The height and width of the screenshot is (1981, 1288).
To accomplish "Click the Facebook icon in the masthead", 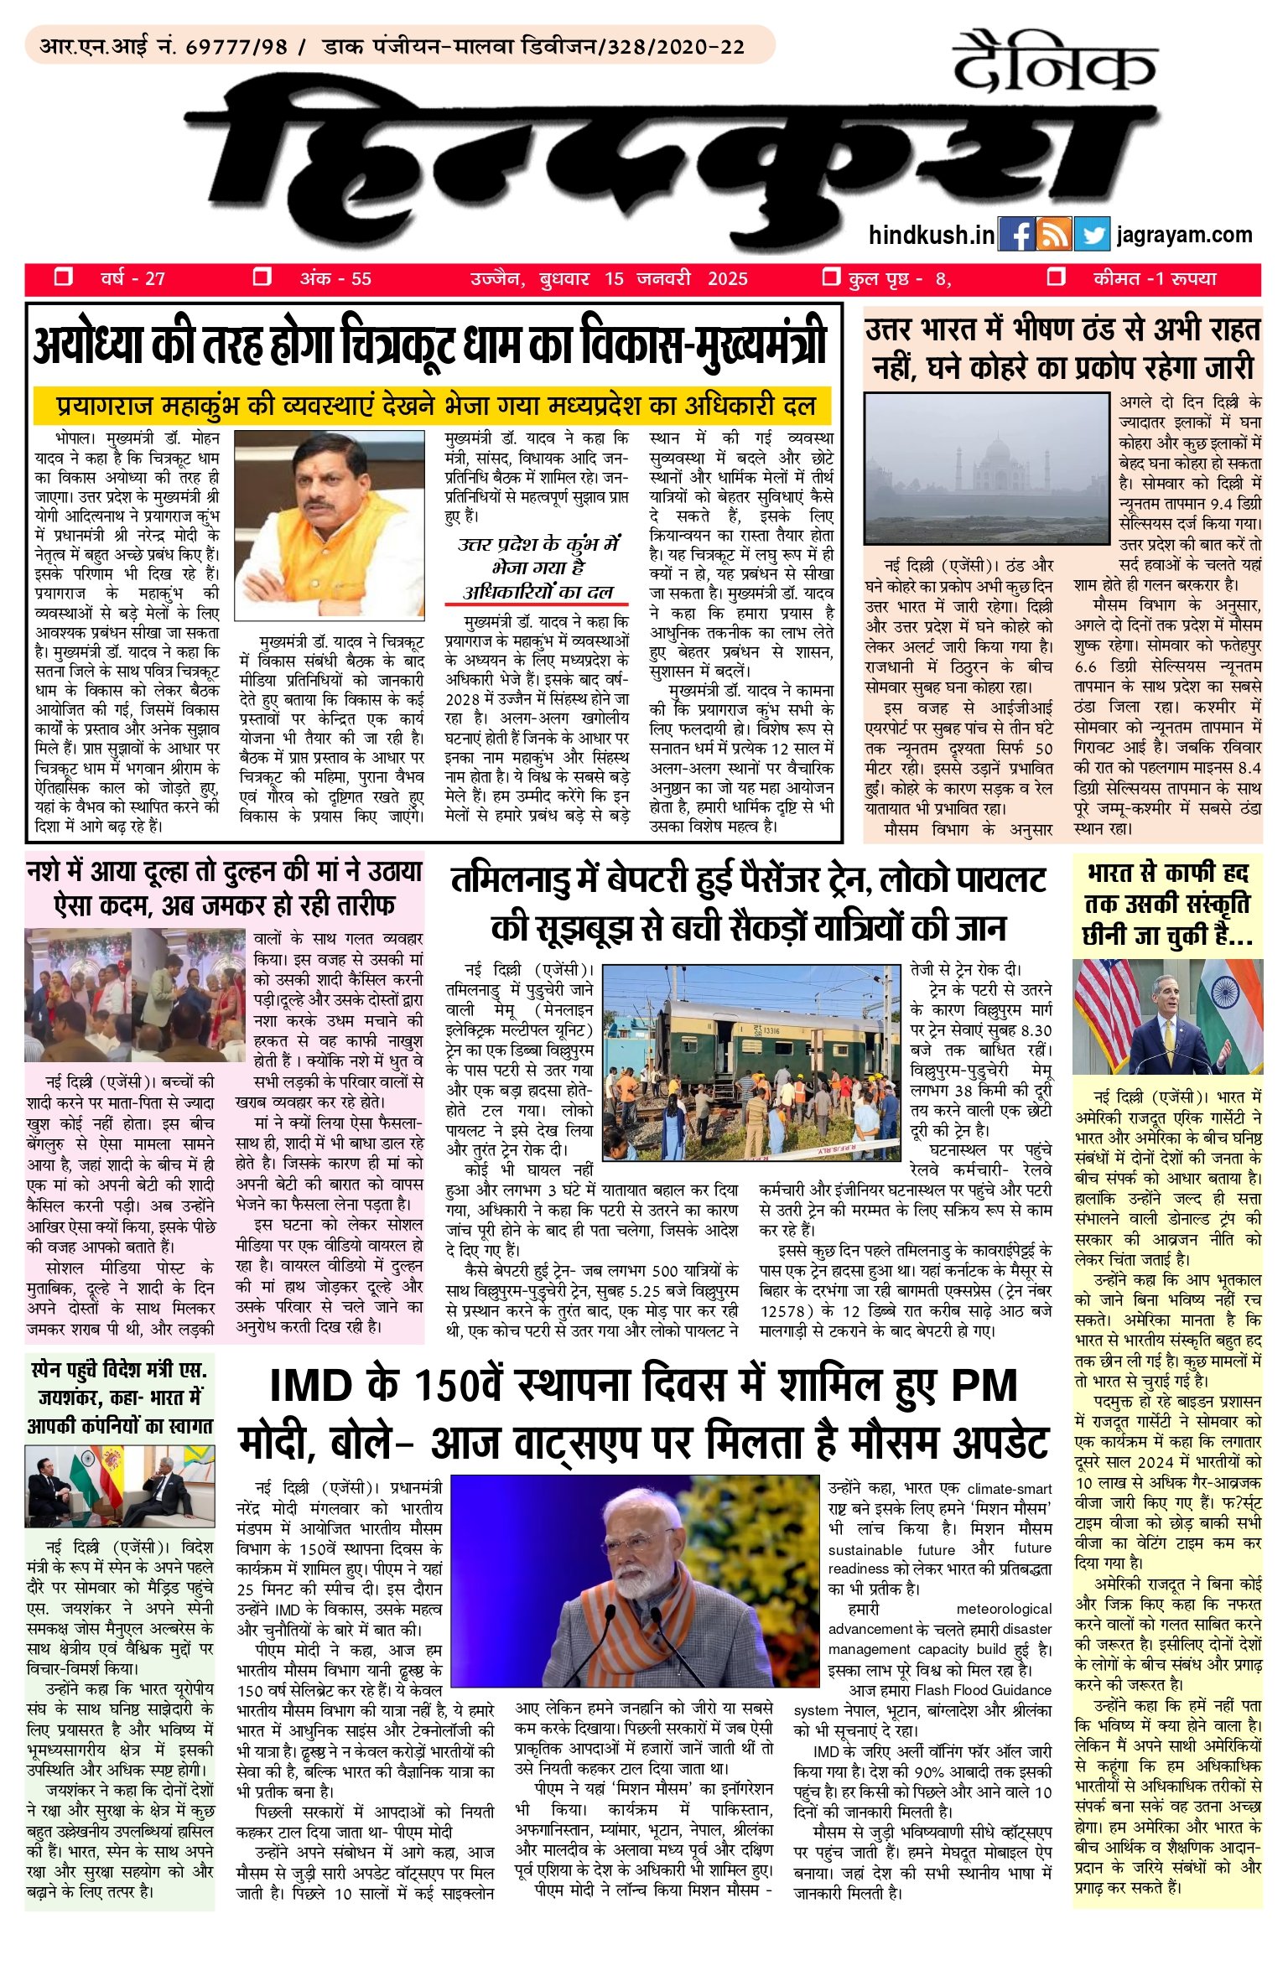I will pyautogui.click(x=1016, y=235).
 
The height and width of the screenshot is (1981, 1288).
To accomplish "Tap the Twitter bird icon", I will pyautogui.click(x=1093, y=235).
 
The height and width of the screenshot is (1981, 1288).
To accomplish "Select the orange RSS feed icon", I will pyautogui.click(x=1054, y=235).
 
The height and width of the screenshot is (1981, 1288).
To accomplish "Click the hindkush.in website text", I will pyautogui.click(x=932, y=236).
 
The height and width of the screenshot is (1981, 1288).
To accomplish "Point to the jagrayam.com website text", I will pyautogui.click(x=1184, y=235).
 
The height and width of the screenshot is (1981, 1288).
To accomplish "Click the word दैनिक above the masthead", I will pyautogui.click(x=1055, y=63).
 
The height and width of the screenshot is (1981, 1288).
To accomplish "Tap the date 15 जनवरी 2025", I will pyautogui.click(x=675, y=278).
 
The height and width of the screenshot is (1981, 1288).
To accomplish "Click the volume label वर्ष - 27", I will pyautogui.click(x=132, y=278).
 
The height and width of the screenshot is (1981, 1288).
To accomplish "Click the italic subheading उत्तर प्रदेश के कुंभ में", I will pyautogui.click(x=538, y=544).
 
